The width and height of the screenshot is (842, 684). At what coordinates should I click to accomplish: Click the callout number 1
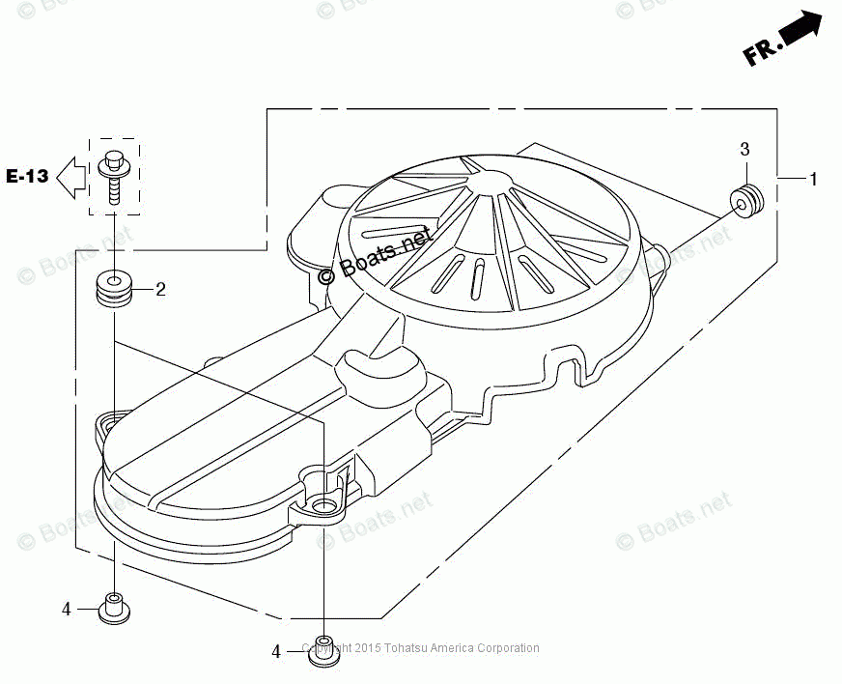tap(813, 179)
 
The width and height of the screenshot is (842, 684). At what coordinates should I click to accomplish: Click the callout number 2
tap(160, 289)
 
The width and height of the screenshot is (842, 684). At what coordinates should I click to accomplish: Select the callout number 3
tap(744, 149)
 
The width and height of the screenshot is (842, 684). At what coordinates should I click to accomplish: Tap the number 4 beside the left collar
tap(67, 609)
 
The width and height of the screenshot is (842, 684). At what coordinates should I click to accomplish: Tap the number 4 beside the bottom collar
tap(276, 652)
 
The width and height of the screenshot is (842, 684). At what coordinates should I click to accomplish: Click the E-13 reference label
tap(27, 176)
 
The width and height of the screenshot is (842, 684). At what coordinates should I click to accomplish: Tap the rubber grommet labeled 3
tap(747, 200)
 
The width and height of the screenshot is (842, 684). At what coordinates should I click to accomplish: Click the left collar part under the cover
tap(114, 609)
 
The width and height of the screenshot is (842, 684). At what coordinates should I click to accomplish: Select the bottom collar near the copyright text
tap(323, 649)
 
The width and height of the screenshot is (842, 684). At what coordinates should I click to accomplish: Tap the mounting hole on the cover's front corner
tap(323, 504)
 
